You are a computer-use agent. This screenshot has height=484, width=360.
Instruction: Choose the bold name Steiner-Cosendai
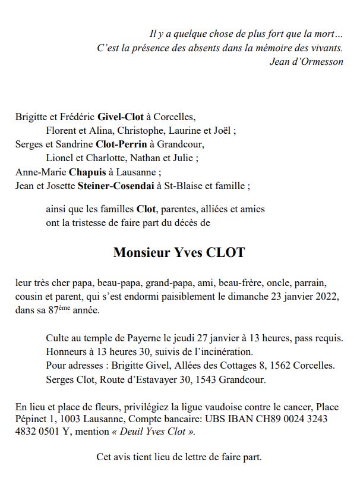(x=115, y=186)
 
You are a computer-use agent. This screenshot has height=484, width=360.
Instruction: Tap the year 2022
(x=328, y=296)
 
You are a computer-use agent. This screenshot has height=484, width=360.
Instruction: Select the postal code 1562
(x=294, y=364)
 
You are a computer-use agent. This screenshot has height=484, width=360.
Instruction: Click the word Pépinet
(x=31, y=419)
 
